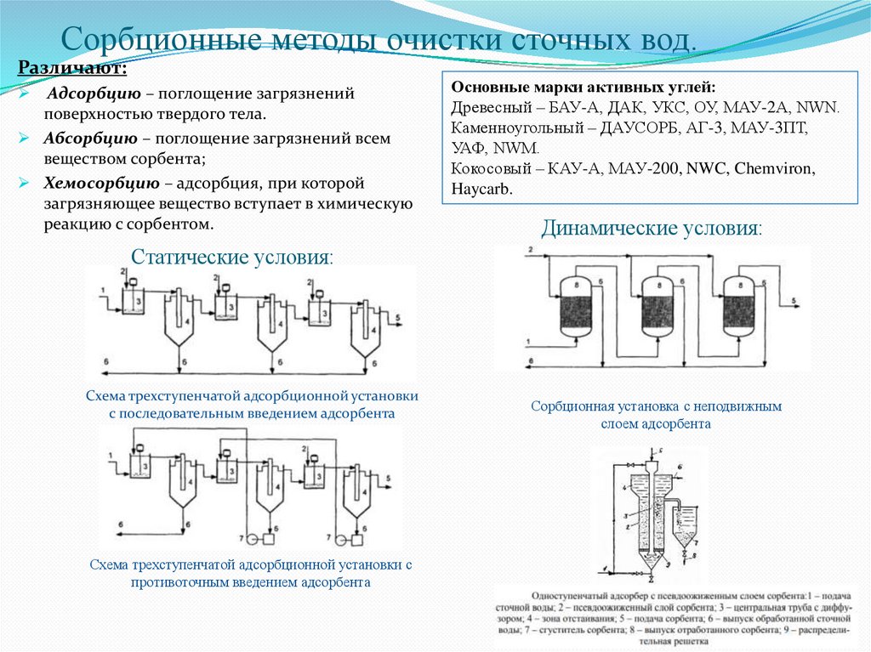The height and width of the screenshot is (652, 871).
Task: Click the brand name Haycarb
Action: click(481, 190)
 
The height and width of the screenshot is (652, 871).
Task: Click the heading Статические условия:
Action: click(232, 258)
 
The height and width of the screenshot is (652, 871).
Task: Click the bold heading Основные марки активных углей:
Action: click(583, 88)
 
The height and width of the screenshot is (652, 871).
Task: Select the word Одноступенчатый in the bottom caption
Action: click(569, 596)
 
